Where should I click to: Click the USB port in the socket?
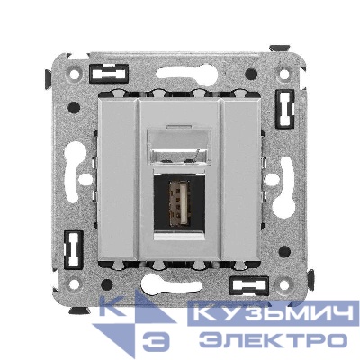coord(180,208)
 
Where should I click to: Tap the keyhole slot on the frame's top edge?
coord(180,69)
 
